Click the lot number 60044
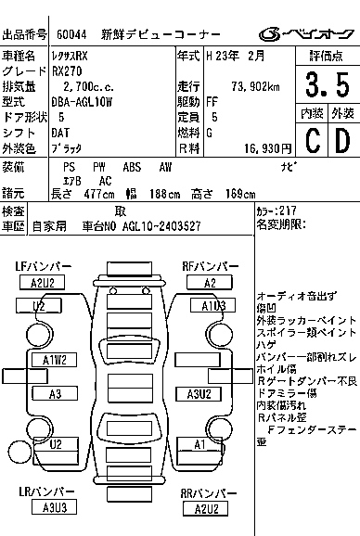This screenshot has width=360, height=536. point(73,34)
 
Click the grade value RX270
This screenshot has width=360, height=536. point(69,70)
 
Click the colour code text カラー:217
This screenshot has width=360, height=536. point(276,211)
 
